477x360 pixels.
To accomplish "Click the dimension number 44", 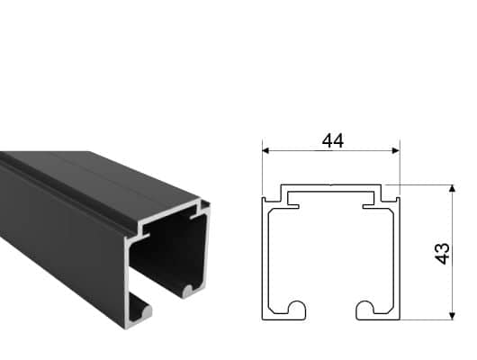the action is click(x=333, y=141).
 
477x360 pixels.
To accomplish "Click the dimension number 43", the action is click(x=442, y=254).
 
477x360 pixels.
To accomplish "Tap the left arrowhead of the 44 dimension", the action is click(x=265, y=150).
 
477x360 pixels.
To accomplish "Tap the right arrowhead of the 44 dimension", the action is click(x=396, y=150).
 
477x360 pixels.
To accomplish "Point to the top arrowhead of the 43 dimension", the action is click(x=453, y=188).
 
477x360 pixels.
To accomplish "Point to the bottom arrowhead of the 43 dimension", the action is click(x=453, y=316).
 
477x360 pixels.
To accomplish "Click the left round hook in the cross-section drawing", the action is click(x=297, y=309).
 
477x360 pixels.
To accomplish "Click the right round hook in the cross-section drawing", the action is click(x=364, y=309).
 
